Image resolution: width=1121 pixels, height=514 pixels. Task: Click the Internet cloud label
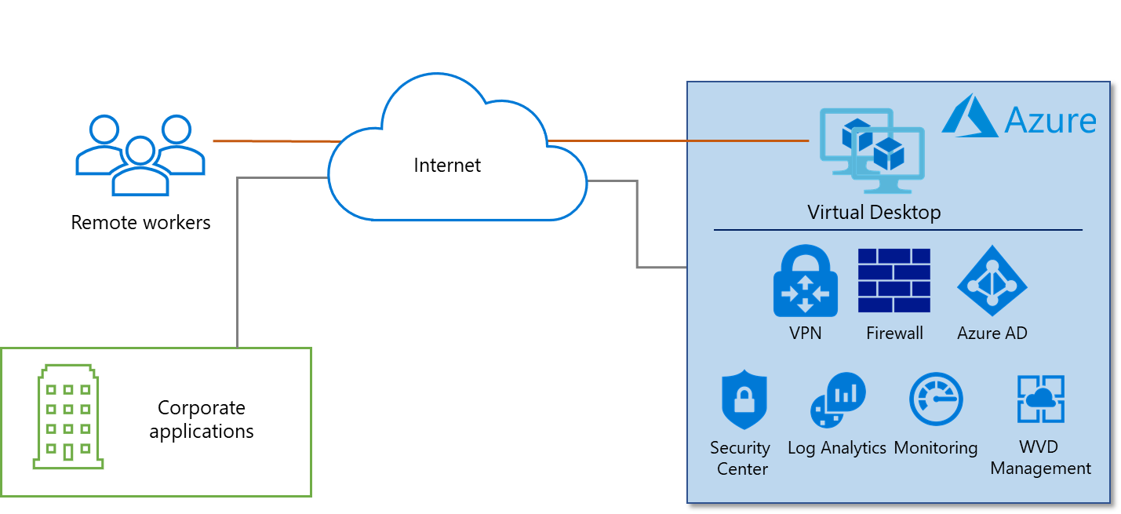point(447,166)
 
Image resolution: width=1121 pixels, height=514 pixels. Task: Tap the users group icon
point(140,155)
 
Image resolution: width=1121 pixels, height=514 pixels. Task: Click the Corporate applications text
point(202,419)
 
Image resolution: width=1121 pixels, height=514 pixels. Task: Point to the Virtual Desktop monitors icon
point(872,150)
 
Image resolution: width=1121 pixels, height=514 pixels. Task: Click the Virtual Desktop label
point(874,212)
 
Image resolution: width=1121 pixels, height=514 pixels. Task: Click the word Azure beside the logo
point(1050,121)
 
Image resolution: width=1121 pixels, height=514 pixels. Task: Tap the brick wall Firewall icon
point(894,281)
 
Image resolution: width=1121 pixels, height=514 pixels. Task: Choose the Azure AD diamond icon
point(992,281)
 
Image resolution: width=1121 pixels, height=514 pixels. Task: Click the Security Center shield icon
point(743,400)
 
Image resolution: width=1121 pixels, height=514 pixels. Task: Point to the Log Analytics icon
point(837,400)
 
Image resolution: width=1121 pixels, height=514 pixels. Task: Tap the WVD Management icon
point(1040,400)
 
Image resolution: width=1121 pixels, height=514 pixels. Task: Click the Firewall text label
point(894,333)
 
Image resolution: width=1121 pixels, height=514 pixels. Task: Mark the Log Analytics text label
point(837,448)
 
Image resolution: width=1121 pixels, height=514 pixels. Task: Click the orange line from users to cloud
point(271,141)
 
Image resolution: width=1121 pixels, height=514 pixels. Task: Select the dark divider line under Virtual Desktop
point(897,230)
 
